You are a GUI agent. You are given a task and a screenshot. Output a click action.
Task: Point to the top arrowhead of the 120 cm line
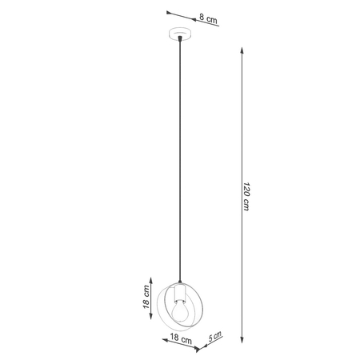pos(242,49)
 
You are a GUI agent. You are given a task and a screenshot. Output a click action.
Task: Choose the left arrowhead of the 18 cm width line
pos(160,334)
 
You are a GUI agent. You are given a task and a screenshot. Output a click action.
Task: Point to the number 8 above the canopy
pos(202,17)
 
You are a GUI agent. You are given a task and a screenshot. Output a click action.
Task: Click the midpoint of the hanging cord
pos(182,160)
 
